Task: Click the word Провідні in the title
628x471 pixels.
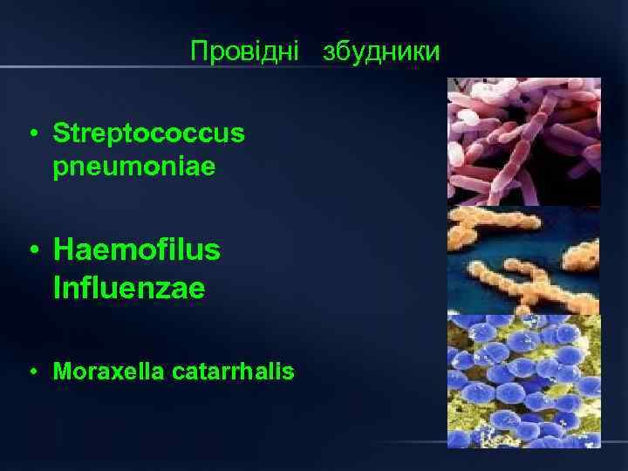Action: (244, 51)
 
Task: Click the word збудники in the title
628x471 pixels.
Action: (381, 51)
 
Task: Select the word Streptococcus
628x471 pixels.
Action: (149, 133)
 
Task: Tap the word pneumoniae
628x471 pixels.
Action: (133, 166)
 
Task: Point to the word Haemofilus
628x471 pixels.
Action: (137, 251)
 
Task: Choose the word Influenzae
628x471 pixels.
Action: (129, 288)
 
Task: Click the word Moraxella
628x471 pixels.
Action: (99, 372)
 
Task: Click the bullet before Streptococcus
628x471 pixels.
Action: (31, 134)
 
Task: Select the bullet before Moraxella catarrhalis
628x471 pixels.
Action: (31, 373)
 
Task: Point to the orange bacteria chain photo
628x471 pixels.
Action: (523, 260)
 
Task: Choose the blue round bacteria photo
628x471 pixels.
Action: (523, 381)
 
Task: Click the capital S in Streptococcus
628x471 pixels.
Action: (60, 133)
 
